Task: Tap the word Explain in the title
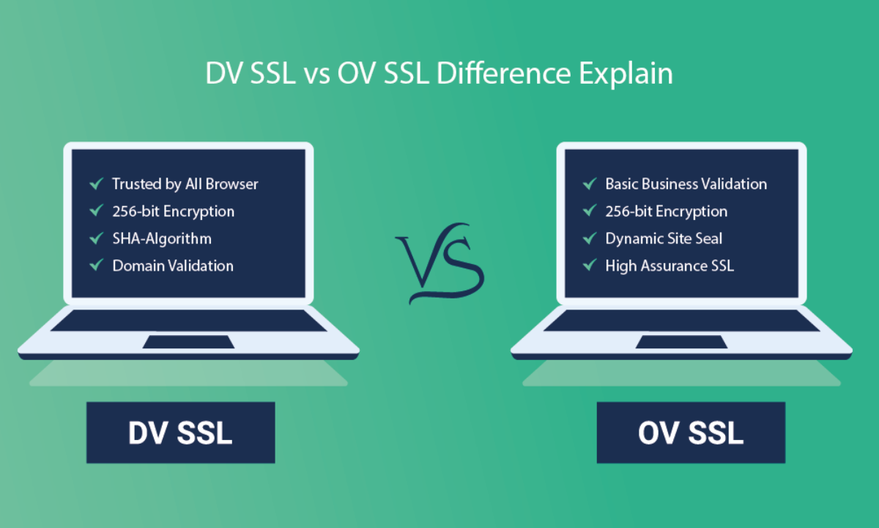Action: point(626,75)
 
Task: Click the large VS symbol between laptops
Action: point(439,263)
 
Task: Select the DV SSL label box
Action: point(180,433)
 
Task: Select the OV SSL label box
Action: point(691,433)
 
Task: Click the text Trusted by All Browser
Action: point(185,184)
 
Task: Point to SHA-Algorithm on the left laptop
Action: point(162,238)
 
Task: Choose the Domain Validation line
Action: point(173,266)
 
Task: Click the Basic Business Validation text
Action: point(686,184)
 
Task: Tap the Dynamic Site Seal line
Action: point(664,238)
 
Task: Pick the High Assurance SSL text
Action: point(670,266)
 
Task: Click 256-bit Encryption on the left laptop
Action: point(174,212)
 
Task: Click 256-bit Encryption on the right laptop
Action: point(667,212)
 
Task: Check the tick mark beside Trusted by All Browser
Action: point(97,183)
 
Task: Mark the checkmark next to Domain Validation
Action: point(97,265)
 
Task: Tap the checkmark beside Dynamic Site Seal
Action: point(590,238)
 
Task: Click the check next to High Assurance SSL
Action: point(590,265)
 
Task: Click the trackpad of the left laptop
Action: point(188,342)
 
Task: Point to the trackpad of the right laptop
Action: point(682,342)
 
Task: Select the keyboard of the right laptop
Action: point(682,320)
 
